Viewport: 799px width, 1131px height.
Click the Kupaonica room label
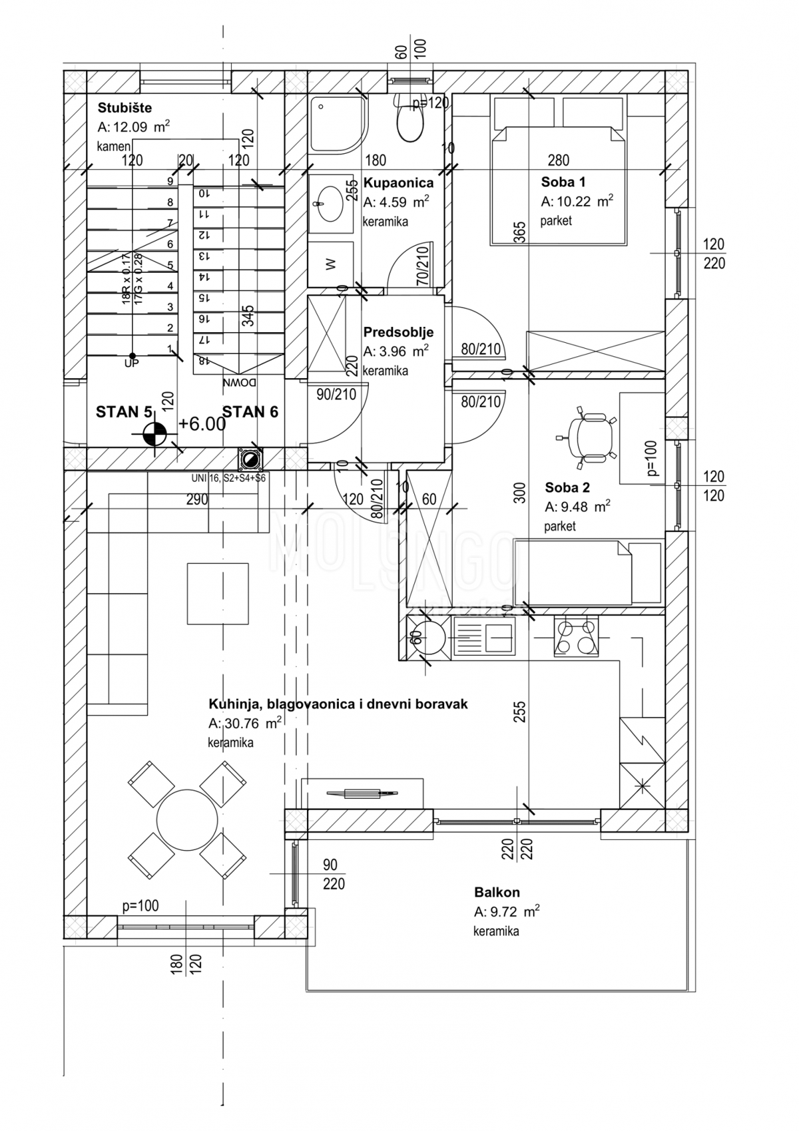coord(398,182)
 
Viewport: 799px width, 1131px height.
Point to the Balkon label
coord(497,892)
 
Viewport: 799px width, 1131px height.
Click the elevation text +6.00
coord(202,425)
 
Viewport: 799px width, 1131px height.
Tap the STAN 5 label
coord(125,412)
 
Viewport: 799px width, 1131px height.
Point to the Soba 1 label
coord(563,182)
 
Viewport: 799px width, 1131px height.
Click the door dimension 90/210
coord(336,394)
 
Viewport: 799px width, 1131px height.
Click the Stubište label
coord(125,108)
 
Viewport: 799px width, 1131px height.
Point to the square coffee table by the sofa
coord(218,594)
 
